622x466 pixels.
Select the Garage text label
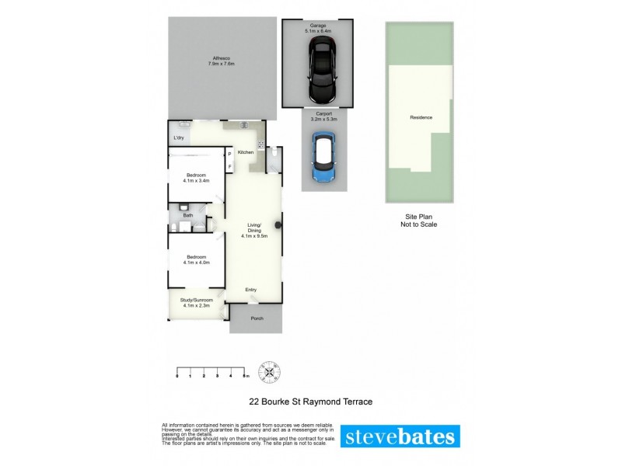318,26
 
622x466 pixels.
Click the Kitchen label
246,152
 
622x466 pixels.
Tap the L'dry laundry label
179,138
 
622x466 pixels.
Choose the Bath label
187,215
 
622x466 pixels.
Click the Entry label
251,290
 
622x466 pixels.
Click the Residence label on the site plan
421,117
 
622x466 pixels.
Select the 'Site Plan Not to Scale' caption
420,221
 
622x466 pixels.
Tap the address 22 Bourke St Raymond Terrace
311,402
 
